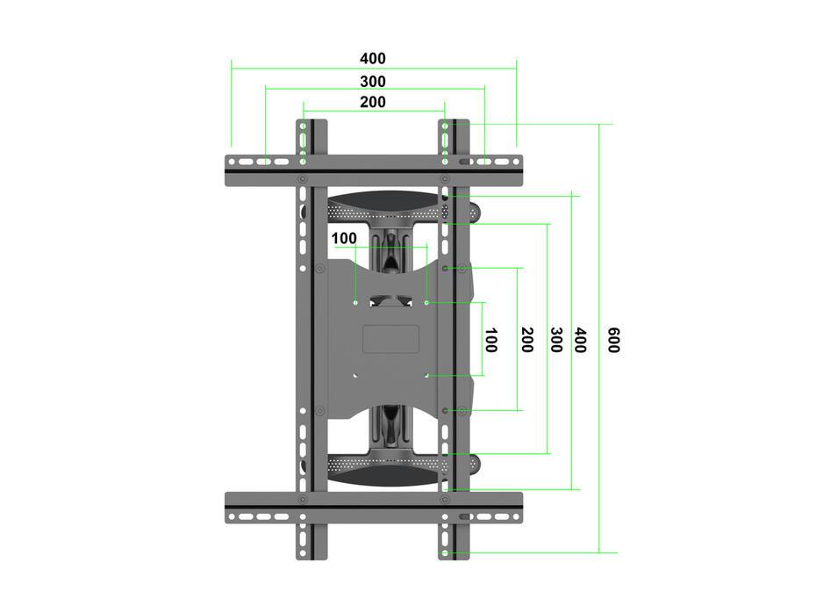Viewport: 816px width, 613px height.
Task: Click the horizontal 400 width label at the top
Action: tap(372, 59)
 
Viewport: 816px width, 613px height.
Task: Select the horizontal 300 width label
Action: tap(372, 81)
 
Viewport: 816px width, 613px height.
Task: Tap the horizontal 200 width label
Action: tap(372, 102)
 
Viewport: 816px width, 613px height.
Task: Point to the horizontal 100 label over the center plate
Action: tap(344, 238)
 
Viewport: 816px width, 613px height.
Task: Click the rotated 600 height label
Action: tap(613, 340)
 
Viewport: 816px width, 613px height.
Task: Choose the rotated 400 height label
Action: tap(579, 340)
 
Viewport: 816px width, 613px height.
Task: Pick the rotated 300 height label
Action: tap(555, 340)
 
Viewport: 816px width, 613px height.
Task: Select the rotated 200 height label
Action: tap(526, 340)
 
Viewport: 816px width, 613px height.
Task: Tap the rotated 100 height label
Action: tap(490, 340)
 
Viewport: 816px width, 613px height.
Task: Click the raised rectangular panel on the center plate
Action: tap(390, 339)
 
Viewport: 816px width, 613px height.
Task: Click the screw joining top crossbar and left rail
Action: tap(303, 179)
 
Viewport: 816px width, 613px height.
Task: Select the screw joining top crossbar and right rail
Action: tap(445, 179)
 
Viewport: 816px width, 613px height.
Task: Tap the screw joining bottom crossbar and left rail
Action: tap(303, 500)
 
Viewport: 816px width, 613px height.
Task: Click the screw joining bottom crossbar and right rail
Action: tap(445, 500)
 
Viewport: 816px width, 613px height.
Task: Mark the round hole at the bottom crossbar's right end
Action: tap(515, 516)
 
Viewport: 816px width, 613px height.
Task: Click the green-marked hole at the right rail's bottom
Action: tap(446, 553)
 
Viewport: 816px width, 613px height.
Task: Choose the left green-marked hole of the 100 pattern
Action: tap(354, 302)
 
